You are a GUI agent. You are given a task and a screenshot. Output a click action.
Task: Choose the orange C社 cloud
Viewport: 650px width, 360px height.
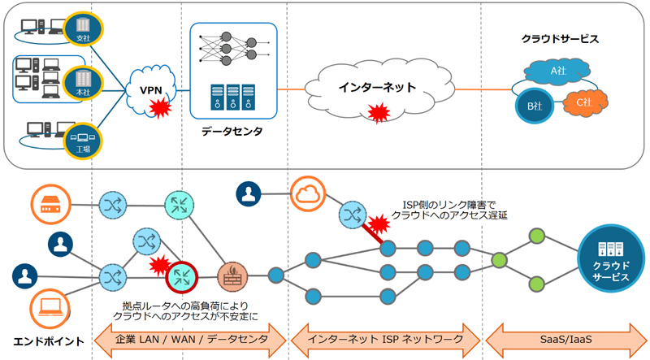pyautogui.click(x=583, y=102)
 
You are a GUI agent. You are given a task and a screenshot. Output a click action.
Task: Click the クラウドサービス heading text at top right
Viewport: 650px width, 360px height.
pyautogui.click(x=561, y=38)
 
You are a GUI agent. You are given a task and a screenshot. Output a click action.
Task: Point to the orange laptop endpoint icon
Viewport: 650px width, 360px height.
pyautogui.click(x=45, y=308)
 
